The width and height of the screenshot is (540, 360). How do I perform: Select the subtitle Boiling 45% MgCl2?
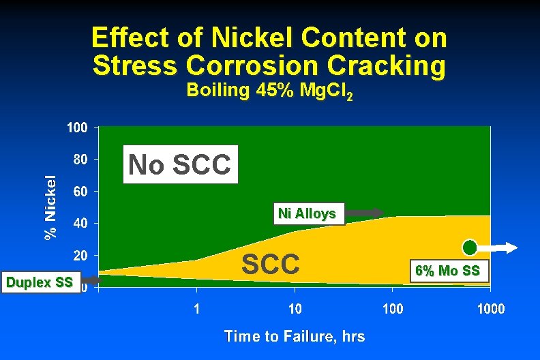269,91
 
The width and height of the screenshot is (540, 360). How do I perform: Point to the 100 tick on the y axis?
77,127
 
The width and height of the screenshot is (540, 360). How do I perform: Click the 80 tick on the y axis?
80,160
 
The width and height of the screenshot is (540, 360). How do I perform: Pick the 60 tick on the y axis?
80,192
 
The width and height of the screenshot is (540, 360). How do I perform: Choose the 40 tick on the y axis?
80,224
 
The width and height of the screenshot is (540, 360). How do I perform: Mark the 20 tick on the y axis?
80,256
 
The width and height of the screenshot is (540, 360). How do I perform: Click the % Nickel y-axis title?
50,207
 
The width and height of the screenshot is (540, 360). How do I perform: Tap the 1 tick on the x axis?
197,309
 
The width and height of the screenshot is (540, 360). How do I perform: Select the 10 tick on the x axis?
295,309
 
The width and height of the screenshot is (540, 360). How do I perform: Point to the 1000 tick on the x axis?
490,309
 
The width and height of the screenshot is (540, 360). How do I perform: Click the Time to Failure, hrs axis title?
294,336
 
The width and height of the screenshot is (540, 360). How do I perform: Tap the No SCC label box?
181,164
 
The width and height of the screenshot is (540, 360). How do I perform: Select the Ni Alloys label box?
307,213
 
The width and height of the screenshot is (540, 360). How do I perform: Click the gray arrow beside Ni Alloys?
365,213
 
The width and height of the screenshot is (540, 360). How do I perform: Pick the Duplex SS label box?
39,282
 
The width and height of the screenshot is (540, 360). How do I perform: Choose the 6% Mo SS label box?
447,271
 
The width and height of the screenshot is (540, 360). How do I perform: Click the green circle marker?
470,247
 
